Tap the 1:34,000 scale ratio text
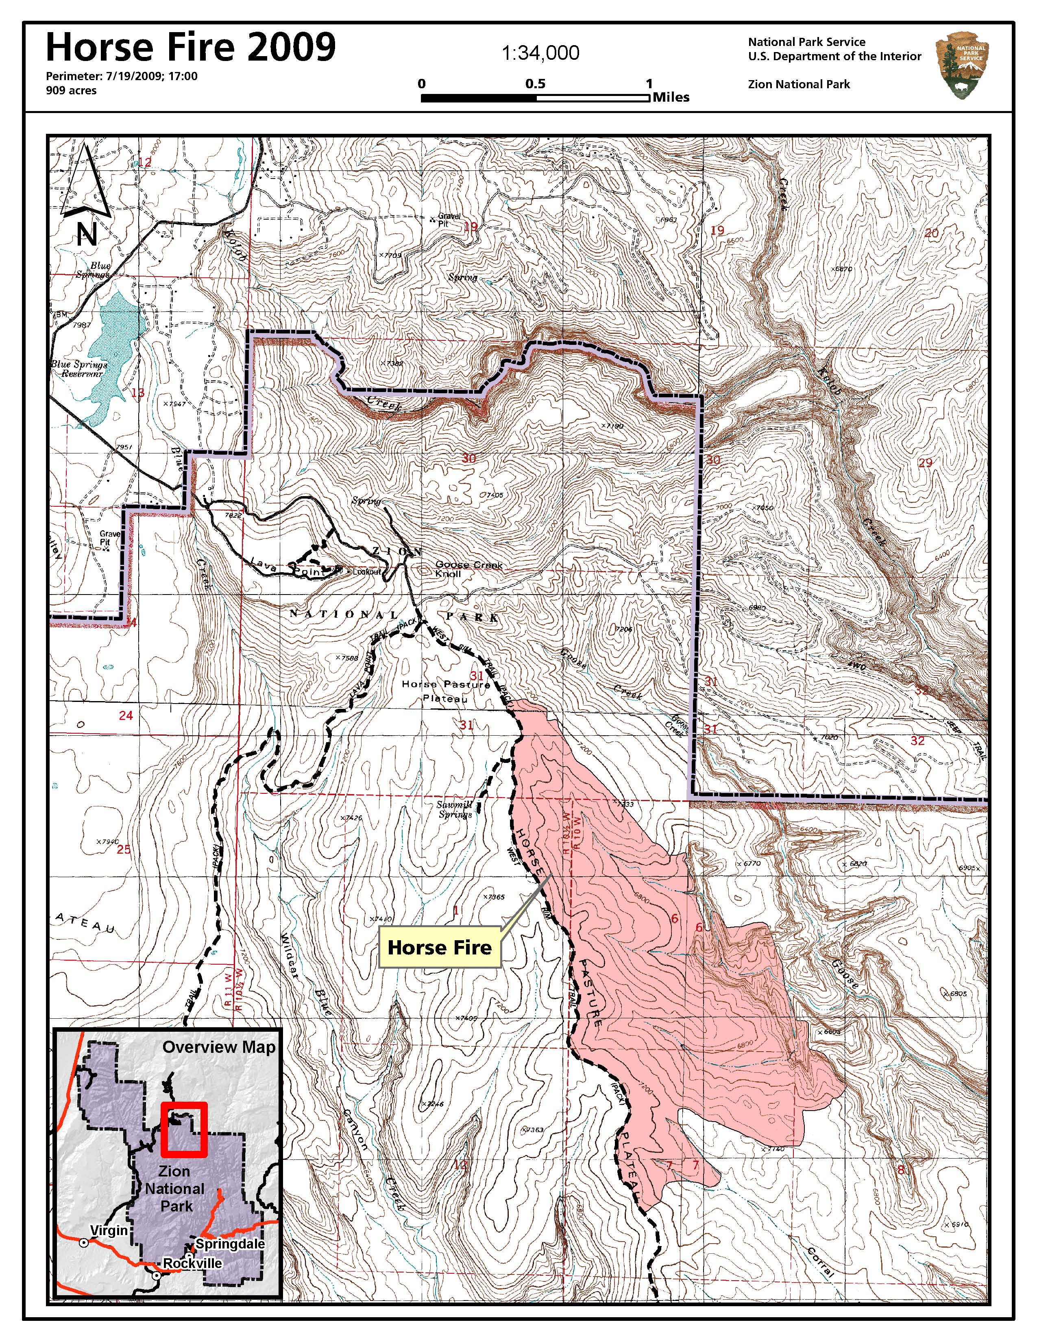540,53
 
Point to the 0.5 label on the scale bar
535,83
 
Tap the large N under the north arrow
87,235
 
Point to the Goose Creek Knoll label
468,569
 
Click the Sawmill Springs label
455,809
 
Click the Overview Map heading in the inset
219,1048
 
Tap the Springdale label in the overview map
230,1244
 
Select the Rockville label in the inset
192,1263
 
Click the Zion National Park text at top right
799,84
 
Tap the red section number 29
925,463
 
